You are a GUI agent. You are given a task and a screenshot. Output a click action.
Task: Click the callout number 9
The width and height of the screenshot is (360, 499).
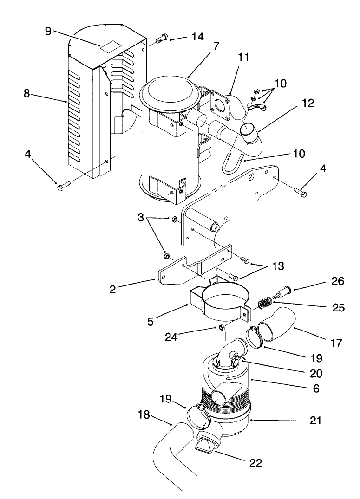[x=48, y=31]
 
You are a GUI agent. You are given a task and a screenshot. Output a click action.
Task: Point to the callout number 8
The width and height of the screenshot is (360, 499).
[x=27, y=93]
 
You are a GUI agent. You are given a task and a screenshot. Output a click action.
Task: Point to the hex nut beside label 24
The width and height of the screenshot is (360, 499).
[x=222, y=328]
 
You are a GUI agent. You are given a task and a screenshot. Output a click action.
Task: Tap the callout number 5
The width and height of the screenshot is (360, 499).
[x=151, y=321]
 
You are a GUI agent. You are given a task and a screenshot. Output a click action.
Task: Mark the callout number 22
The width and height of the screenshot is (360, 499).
[x=255, y=463]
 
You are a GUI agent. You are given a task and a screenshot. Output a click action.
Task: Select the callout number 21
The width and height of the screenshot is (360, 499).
[x=316, y=420]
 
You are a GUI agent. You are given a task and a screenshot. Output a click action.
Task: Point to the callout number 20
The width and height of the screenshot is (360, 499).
[x=317, y=373]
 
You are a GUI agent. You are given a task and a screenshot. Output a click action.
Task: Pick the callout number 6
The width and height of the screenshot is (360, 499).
[x=316, y=389]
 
